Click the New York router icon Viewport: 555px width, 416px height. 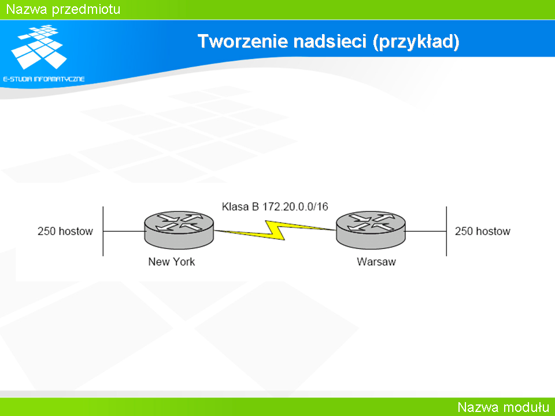(179, 230)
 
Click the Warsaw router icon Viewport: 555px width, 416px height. (371, 230)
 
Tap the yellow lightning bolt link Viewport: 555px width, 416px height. (275, 231)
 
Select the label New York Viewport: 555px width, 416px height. (171, 262)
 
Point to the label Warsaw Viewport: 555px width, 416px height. (376, 262)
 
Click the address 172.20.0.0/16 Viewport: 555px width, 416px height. (295, 207)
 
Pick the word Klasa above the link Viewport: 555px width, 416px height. (235, 207)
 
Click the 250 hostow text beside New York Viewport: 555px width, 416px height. (65, 231)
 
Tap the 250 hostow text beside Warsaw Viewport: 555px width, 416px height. (482, 231)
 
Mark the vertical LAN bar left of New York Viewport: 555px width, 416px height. (103, 231)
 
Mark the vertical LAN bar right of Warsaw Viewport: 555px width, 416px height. (446, 231)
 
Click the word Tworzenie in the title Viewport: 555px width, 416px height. (243, 41)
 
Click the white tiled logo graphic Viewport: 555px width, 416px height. (39, 47)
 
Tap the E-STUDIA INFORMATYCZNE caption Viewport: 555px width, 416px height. (44, 79)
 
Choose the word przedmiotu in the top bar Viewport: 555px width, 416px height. (86, 10)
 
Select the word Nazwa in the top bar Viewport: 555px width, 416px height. (27, 9)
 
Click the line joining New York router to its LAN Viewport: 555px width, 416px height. (124, 231)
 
